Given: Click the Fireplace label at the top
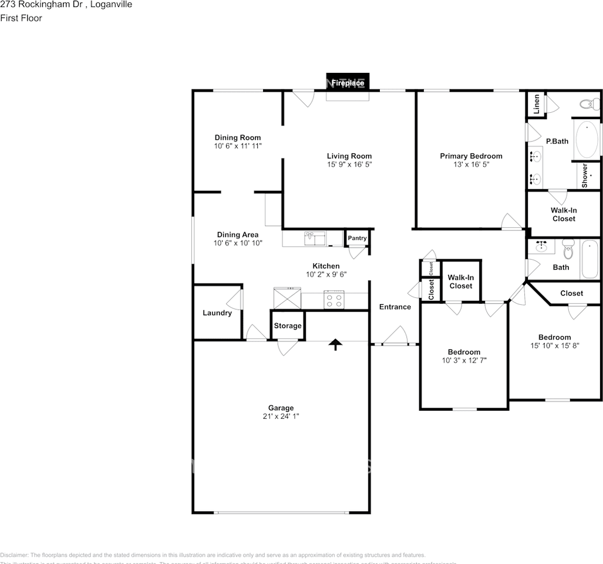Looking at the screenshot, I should [348, 83].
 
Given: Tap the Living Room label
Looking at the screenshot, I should [349, 156].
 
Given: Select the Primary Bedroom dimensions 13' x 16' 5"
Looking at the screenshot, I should [471, 165].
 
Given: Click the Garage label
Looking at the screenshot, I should [281, 408].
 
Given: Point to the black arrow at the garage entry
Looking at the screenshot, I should [335, 344].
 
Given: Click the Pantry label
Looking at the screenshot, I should [357, 238].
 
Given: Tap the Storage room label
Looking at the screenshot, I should [288, 325].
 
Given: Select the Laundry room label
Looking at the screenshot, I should [217, 313].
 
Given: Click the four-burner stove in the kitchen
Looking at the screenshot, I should [334, 301].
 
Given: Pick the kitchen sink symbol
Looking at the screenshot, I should [315, 238].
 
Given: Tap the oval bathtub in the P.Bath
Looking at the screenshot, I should [587, 140].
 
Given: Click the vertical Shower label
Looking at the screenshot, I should [585, 176].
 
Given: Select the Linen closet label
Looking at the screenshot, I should [536, 105].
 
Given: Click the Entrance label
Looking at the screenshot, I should [395, 307].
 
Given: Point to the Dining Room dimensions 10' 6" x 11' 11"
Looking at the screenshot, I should [238, 146].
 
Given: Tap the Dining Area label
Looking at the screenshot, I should [238, 234].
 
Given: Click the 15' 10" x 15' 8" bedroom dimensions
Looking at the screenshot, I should [554, 346].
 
